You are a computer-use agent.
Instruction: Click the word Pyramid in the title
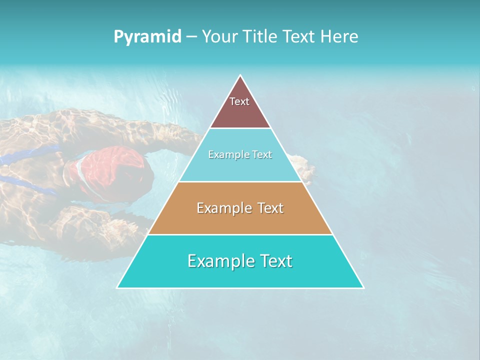(x=147, y=36)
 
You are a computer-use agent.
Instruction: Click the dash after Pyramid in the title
(x=191, y=37)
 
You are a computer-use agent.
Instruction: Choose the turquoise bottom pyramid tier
(x=240, y=275)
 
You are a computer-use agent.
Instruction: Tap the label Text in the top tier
(x=239, y=101)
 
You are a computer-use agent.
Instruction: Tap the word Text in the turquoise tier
(x=275, y=261)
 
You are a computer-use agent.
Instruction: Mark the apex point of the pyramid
(x=240, y=76)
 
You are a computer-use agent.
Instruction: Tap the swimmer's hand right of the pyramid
(x=306, y=167)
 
